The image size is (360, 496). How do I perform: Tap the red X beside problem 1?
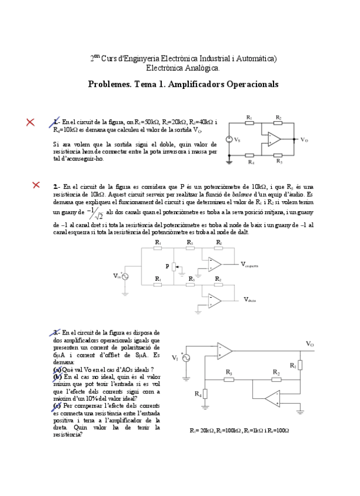point(30,122)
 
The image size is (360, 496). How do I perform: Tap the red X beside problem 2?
point(36,185)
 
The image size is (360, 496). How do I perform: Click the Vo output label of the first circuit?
point(304,140)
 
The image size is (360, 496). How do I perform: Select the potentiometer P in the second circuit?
point(174,267)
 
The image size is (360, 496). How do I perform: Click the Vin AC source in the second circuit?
point(125,276)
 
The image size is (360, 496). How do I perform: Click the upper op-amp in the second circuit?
point(214,264)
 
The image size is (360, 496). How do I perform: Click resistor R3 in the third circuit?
point(230,378)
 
